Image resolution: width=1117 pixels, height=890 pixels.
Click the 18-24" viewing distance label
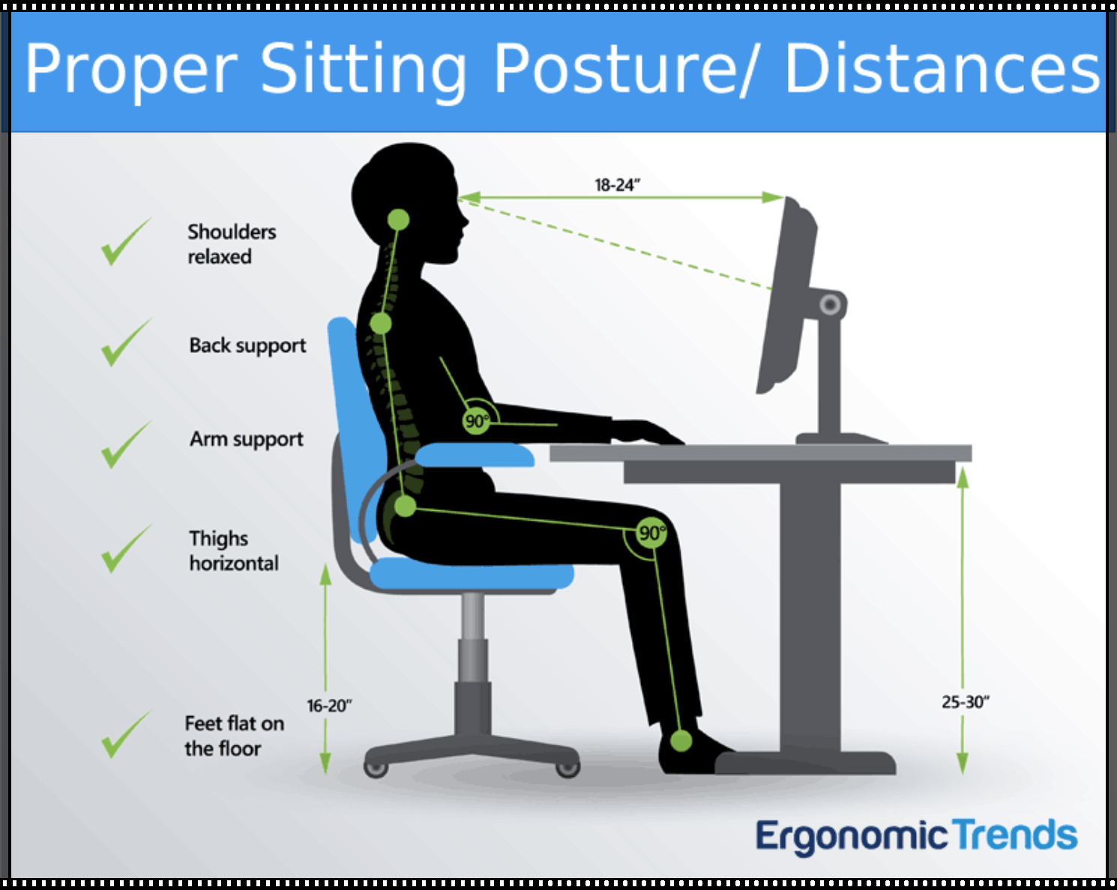pos(617,185)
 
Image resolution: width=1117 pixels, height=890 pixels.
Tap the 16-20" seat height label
pos(329,706)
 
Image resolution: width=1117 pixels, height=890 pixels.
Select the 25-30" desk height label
pos(966,702)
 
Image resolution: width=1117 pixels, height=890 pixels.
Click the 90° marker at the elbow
pos(476,421)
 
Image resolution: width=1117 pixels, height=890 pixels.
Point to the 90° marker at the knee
pos(651,533)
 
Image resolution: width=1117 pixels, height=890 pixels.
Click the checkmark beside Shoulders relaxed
pos(125,242)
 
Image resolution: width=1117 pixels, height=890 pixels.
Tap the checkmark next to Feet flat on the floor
pos(125,735)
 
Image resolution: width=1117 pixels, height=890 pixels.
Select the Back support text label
pos(247,346)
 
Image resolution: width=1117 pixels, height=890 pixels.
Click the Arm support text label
pos(247,440)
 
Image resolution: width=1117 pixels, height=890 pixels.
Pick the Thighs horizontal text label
pos(233,551)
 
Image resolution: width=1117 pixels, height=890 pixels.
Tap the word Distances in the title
pos(942,70)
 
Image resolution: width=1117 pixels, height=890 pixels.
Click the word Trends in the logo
pos(1015,836)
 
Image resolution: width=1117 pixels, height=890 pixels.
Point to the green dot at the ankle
pos(681,741)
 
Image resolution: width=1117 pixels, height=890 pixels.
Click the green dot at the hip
pos(405,506)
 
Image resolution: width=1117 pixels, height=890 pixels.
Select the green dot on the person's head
pos(398,220)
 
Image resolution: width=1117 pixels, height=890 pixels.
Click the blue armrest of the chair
pos(475,455)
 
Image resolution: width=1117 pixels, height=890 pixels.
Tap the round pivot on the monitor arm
pos(830,305)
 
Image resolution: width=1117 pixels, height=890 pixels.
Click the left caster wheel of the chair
pos(375,768)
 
